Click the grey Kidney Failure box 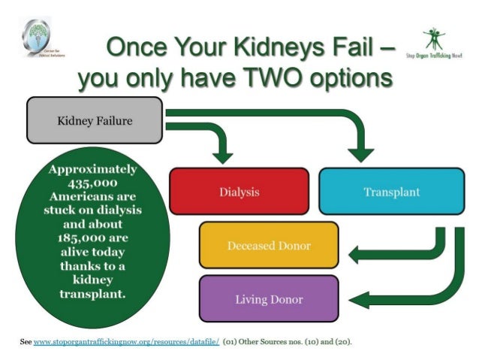tap(94, 120)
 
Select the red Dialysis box tap(239, 192)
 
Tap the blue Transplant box tap(390, 192)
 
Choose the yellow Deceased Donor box tap(268, 246)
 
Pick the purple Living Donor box tap(268, 299)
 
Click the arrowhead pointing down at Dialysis tap(223, 154)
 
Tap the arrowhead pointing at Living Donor tap(358, 301)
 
